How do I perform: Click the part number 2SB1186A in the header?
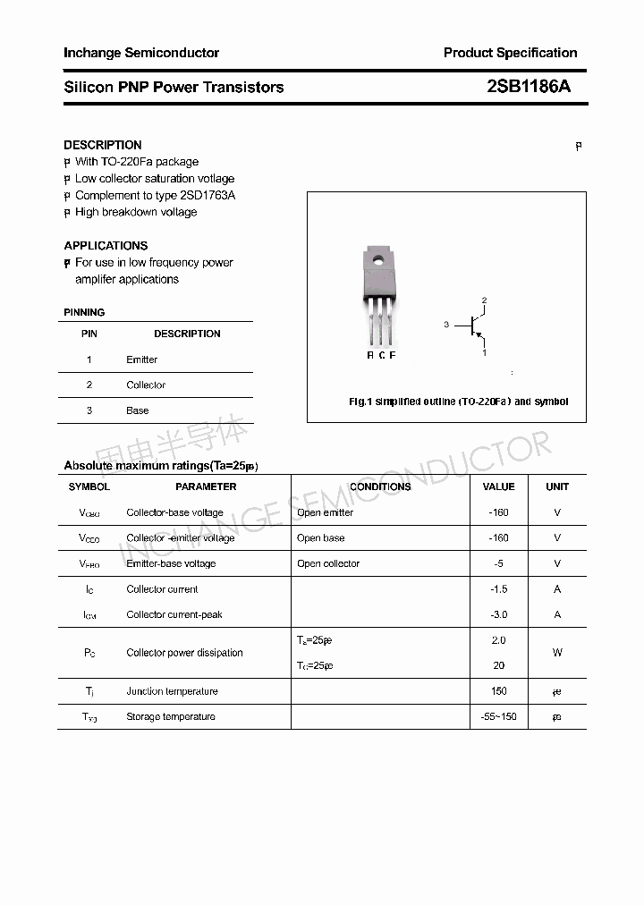(x=528, y=87)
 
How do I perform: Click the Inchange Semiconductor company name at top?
(x=141, y=53)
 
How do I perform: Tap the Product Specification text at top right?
(x=510, y=53)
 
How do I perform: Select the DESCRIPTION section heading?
(x=103, y=145)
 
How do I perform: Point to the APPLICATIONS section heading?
(x=106, y=245)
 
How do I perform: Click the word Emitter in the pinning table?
(x=141, y=359)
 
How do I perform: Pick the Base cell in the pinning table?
(x=137, y=410)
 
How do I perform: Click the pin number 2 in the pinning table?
(x=89, y=385)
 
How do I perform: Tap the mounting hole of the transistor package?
(x=378, y=261)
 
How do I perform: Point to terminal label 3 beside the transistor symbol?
(x=445, y=325)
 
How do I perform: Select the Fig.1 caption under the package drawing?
(x=458, y=402)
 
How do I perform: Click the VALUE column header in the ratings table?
(x=498, y=486)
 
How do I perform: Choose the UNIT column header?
(x=557, y=486)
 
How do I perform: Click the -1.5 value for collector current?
(x=498, y=589)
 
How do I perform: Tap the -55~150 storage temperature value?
(x=498, y=717)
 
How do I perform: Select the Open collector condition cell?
(x=328, y=564)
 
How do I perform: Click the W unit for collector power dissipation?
(x=557, y=653)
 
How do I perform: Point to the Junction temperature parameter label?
(x=172, y=691)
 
